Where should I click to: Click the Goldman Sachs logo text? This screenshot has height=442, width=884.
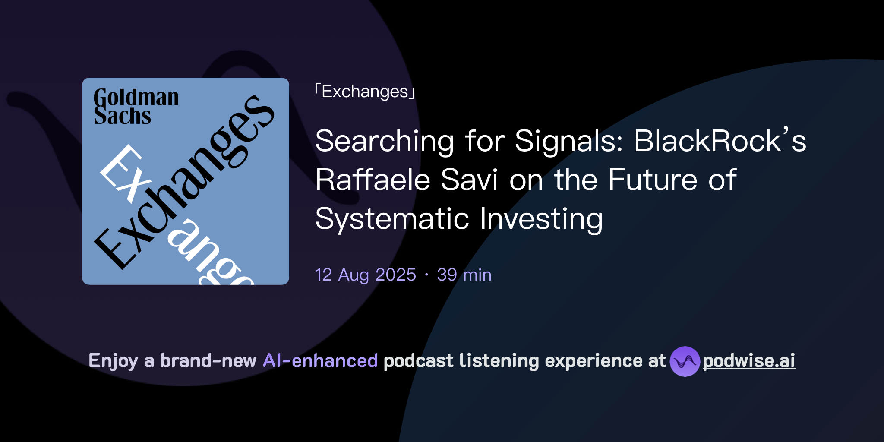coord(136,107)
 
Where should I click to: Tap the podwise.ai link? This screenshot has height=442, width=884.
coord(748,361)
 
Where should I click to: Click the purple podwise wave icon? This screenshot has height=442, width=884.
coord(685,361)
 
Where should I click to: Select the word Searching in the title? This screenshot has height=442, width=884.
coord(384,142)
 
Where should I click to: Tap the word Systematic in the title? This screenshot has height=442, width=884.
coord(392,219)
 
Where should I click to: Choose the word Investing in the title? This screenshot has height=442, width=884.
coord(541,219)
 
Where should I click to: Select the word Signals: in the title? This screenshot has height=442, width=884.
coord(569,142)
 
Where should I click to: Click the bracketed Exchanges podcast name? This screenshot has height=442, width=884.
coord(365,92)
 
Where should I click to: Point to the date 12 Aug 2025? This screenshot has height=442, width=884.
coord(366,275)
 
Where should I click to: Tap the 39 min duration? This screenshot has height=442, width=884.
coord(464,275)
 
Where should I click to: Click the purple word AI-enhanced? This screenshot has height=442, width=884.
coord(320,361)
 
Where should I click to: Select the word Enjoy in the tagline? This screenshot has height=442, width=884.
coord(113,361)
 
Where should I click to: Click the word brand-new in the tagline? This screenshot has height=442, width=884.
coord(208,361)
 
